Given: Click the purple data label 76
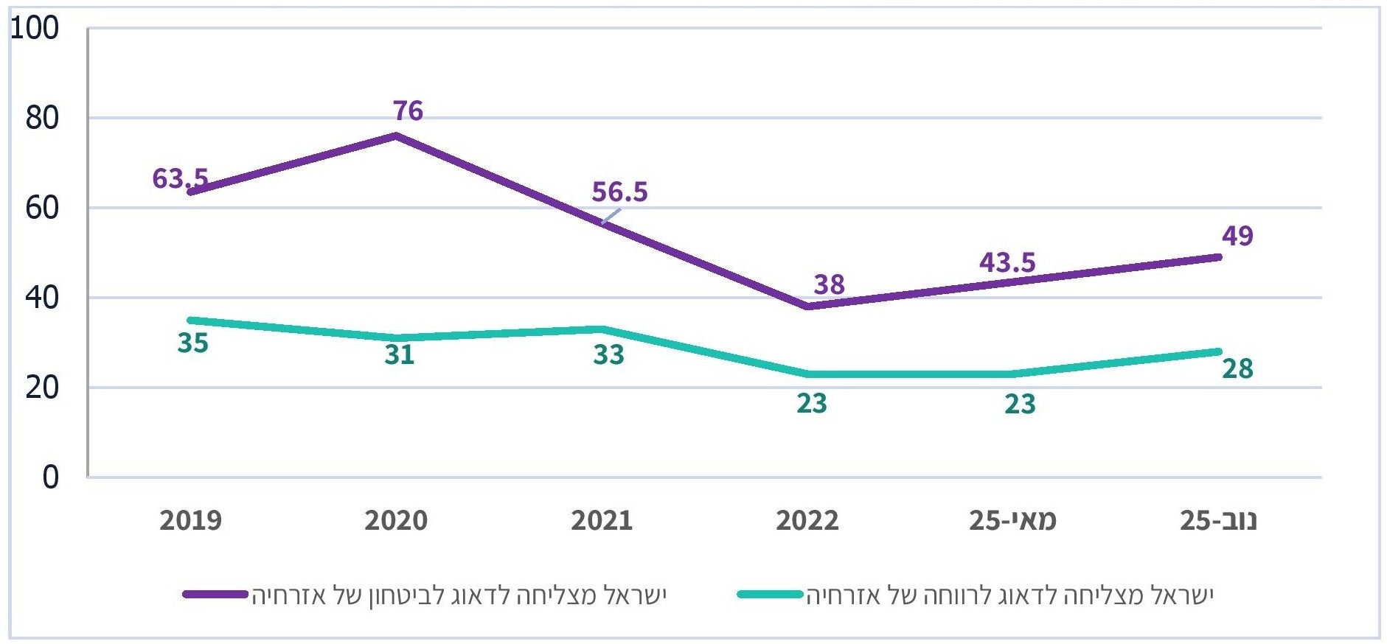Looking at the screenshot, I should (408, 111).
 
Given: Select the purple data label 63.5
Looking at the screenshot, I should (180, 178).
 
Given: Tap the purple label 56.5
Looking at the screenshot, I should (619, 192).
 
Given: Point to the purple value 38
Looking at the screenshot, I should (829, 284).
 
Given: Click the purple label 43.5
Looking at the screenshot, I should (1007, 262).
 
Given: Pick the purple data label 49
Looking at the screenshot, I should (1237, 236).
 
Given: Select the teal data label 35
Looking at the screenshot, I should (193, 343).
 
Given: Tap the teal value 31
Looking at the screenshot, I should (400, 355).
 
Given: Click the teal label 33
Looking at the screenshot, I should (608, 355).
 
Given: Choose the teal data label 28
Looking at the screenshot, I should (1237, 368).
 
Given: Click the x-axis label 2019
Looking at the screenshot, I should (190, 521).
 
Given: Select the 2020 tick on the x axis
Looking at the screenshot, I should (396, 521).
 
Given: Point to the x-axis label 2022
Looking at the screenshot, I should (807, 521).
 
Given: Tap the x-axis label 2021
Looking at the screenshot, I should (602, 521).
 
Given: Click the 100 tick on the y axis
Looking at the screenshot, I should (34, 29).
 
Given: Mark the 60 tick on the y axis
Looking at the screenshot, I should (41, 209).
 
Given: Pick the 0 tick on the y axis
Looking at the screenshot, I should (50, 477).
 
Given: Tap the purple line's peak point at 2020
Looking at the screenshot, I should (396, 136).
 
